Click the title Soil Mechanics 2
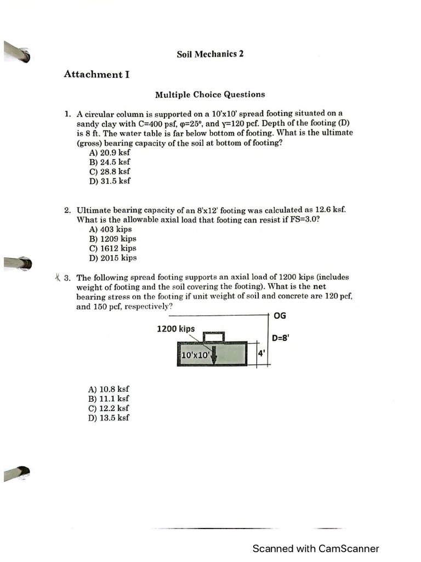pyautogui.click(x=210, y=54)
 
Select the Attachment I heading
pyautogui.click(x=96, y=74)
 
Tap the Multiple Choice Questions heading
pyautogui.click(x=210, y=94)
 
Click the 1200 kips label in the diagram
pyautogui.click(x=175, y=329)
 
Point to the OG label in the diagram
pyautogui.click(x=280, y=317)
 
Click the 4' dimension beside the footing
pyautogui.click(x=261, y=354)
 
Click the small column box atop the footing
pyautogui.click(x=213, y=336)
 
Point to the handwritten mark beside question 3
pyautogui.click(x=58, y=277)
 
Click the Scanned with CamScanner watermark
pyautogui.click(x=315, y=548)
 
